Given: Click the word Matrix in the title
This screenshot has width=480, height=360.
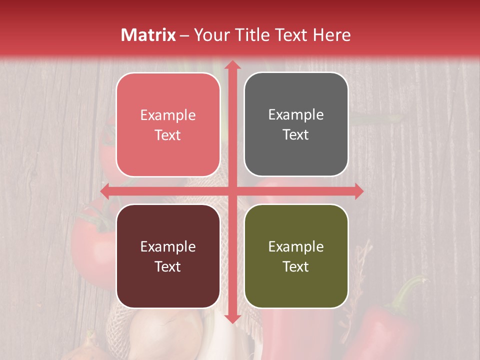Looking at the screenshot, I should tap(148, 35).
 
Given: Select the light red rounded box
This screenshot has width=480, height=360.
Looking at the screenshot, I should tap(168, 124).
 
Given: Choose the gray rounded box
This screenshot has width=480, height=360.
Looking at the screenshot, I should tap(296, 124).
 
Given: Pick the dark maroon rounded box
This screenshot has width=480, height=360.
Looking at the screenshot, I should tap(168, 256).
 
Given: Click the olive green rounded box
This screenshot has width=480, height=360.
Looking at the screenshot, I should tap(296, 256).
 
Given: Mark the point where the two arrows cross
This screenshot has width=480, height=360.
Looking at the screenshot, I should tap(231, 191).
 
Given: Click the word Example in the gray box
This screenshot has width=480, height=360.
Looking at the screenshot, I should tap(296, 114).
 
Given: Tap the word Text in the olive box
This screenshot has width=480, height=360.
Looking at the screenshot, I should tap(296, 266).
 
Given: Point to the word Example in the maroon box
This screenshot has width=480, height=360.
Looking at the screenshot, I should tap(168, 246).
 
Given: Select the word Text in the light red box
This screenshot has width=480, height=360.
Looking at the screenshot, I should tap(168, 135).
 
